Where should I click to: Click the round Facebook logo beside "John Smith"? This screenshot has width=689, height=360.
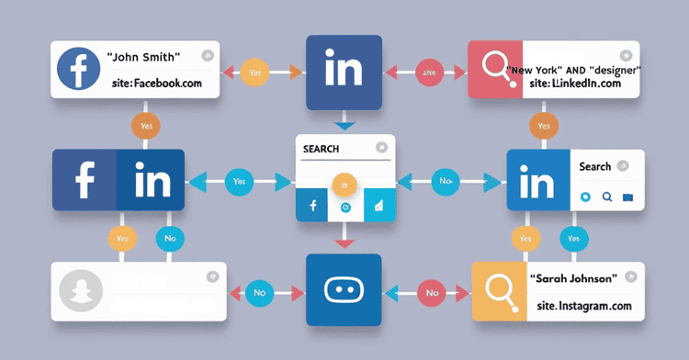point(80,70)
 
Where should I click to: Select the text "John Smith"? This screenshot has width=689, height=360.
point(143,57)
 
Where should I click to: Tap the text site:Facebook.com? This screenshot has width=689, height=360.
point(153,84)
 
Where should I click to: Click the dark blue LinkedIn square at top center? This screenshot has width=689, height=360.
point(343,73)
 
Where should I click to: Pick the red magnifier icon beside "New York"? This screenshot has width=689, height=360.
point(497,69)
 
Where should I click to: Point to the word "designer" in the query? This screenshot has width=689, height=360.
point(615,69)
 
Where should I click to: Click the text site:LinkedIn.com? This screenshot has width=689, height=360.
point(576,84)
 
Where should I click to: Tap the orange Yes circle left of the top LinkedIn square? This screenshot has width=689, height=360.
point(256,72)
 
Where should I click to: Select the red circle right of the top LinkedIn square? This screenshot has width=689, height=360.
point(429,72)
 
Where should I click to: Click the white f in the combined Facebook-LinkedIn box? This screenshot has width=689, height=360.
point(85,180)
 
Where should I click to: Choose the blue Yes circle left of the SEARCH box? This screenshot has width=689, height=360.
point(240,182)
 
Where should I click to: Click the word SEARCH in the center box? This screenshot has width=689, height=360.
point(321,149)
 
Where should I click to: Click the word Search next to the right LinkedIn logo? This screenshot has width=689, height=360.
point(595,167)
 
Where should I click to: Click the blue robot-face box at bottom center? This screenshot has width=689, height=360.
point(344,290)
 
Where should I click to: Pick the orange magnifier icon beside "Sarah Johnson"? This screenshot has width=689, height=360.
point(500,291)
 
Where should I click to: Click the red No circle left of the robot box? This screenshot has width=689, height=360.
point(258,293)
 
